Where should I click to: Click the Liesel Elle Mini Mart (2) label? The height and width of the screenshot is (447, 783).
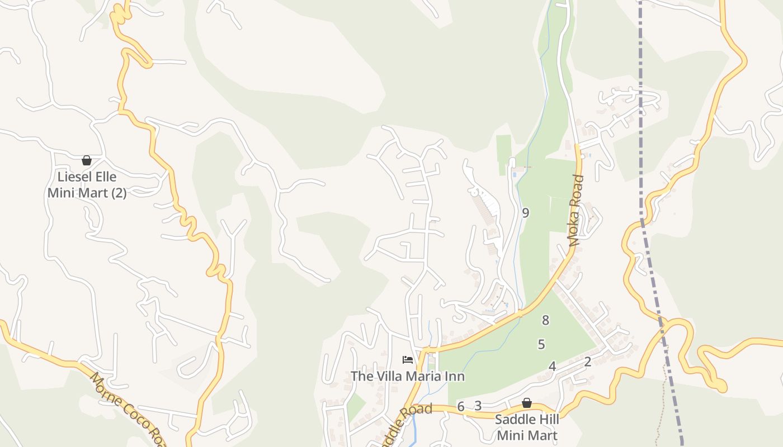coord(87,185)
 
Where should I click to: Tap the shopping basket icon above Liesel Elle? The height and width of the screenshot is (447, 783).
coord(87,161)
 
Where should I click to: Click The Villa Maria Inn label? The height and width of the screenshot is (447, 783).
coord(407,376)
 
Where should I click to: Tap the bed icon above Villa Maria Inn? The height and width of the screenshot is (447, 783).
coord(408,360)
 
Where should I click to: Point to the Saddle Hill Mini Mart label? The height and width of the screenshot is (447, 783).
coord(527,427)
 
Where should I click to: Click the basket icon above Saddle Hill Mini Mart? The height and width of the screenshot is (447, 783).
coord(526,403)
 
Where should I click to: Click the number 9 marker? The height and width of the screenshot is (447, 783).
coord(525,212)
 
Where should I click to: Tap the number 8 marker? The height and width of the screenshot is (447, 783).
coord(545,320)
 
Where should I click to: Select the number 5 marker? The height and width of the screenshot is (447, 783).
coord(541,344)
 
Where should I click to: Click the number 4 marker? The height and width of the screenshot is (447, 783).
coord(552,367)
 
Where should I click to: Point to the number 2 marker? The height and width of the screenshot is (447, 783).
coord(587,362)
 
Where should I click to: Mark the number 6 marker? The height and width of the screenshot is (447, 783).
coord(460,406)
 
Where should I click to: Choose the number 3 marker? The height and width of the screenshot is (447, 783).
coord(478,406)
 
